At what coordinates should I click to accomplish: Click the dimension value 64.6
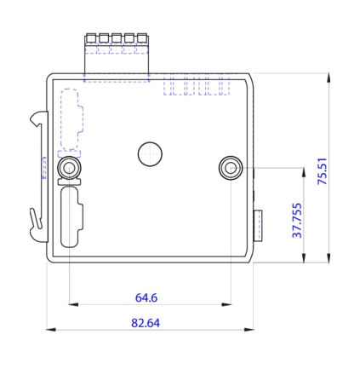click(146, 297)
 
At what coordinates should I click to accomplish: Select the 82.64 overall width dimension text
click(146, 323)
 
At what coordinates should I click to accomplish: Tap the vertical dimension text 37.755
click(297, 221)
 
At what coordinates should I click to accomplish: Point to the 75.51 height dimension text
click(322, 170)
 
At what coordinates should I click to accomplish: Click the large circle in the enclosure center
click(151, 153)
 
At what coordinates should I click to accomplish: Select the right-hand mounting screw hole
click(230, 167)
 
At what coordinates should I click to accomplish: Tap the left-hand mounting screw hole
click(69, 167)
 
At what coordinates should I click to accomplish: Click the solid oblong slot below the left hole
click(70, 218)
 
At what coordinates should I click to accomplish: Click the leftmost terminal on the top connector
click(91, 38)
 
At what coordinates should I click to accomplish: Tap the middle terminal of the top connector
click(116, 38)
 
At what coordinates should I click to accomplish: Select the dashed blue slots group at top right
click(196, 85)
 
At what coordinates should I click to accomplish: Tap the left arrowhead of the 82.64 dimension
click(49, 329)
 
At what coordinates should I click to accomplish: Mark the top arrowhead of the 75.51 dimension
click(329, 77)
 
